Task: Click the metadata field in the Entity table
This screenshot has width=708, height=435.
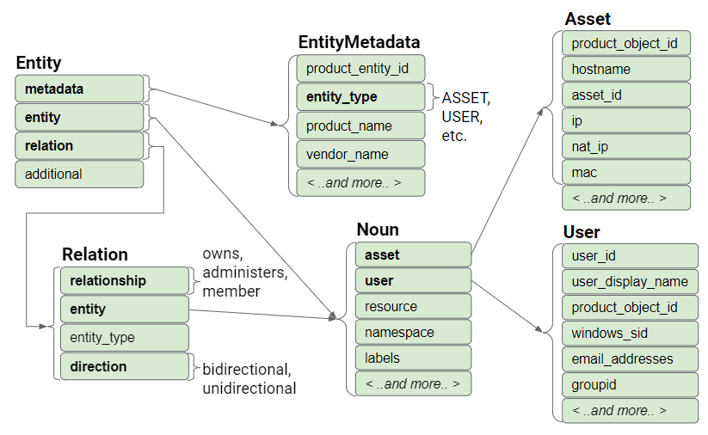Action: (79, 89)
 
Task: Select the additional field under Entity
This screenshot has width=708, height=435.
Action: (79, 174)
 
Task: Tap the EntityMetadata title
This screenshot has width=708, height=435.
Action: (359, 42)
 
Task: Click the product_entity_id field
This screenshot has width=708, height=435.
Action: (360, 69)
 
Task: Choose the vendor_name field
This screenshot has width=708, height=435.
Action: (360, 154)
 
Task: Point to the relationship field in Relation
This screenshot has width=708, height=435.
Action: (124, 280)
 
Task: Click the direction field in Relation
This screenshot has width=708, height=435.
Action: (124, 366)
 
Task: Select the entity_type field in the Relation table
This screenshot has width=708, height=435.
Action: (124, 338)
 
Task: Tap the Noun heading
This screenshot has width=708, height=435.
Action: (378, 230)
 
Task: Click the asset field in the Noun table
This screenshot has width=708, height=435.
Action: (413, 254)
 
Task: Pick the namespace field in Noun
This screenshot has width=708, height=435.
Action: (413, 332)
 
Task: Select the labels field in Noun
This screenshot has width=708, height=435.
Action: (413, 358)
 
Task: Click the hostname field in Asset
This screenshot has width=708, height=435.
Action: (626, 69)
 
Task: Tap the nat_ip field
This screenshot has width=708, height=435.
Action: (626, 146)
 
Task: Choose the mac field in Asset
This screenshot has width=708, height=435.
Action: (626, 172)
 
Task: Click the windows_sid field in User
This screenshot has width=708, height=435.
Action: (630, 333)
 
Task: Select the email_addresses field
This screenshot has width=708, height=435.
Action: (630, 358)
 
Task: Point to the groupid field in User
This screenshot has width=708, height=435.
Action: (630, 384)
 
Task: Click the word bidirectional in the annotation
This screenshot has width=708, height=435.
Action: (247, 371)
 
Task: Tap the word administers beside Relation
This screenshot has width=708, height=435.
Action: (243, 273)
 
